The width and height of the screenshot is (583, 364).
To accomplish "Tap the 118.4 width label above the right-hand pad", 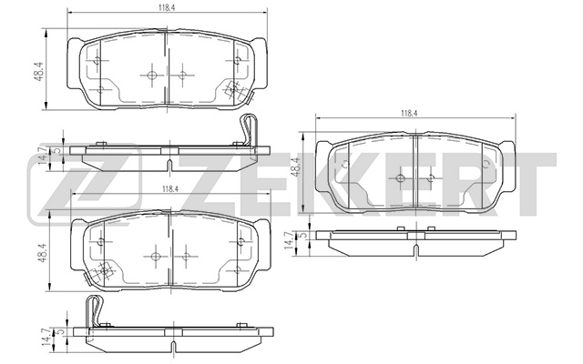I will (x=407, y=114).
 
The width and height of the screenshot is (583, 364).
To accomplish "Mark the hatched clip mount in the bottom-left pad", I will (x=104, y=270).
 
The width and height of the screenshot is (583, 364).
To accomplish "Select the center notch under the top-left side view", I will (x=169, y=163).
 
